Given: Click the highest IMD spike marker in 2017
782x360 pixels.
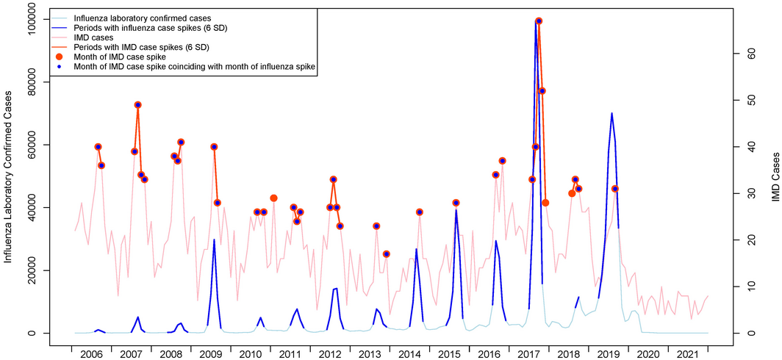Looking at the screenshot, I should [539, 21].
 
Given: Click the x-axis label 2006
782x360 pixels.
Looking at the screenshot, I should [91, 354].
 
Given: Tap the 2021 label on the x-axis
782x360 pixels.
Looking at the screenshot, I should [689, 354].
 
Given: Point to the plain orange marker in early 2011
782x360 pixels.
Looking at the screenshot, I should [274, 198].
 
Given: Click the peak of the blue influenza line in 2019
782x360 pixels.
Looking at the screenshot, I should [611, 113].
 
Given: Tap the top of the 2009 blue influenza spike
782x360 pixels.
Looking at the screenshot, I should [214, 240].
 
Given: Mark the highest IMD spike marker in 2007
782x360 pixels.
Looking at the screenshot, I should [137, 105].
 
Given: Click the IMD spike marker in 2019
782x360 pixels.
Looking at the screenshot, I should [615, 189].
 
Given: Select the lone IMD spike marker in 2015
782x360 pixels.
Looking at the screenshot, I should [456, 203].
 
